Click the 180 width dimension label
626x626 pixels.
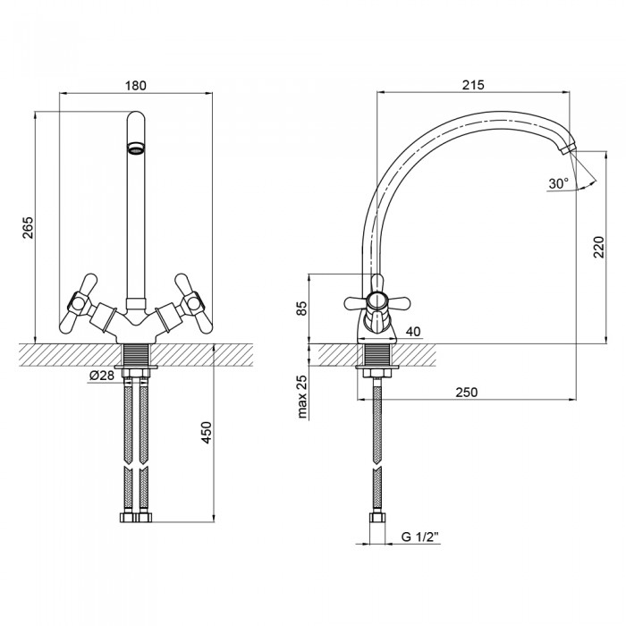pyautogui.click(x=136, y=86)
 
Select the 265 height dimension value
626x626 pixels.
pyautogui.click(x=28, y=227)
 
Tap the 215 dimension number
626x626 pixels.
pyautogui.click(x=473, y=85)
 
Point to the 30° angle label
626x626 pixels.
pyautogui.click(x=558, y=183)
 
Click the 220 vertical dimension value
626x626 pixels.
pyautogui.click(x=599, y=247)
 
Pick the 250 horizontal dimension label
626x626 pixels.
pyautogui.click(x=466, y=392)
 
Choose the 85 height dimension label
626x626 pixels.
pyautogui.click(x=302, y=308)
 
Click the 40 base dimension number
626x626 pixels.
pyautogui.click(x=413, y=332)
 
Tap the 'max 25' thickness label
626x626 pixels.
pyautogui.click(x=302, y=396)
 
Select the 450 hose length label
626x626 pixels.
pyautogui.click(x=207, y=432)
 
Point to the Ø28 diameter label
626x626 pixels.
pyautogui.click(x=102, y=376)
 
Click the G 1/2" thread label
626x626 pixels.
pyautogui.click(x=419, y=537)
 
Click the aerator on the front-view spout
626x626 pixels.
pyautogui.click(x=136, y=148)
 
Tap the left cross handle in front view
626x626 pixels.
pyautogui.click(x=79, y=303)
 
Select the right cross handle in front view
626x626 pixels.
pyautogui.click(x=193, y=303)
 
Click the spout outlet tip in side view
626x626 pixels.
pyautogui.click(x=567, y=150)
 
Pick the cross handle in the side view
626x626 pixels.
pyautogui.click(x=376, y=303)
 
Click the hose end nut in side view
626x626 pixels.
pyautogui.click(x=377, y=518)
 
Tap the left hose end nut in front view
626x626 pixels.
pyautogui.click(x=128, y=517)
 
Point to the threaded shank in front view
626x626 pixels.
pyautogui.click(x=136, y=354)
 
